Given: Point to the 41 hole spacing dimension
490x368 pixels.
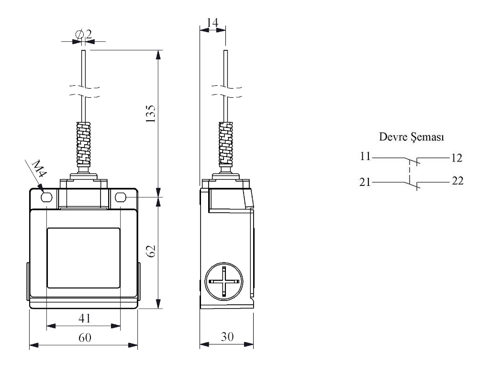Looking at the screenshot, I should pos(84,317).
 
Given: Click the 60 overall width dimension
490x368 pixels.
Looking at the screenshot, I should pos(84,337).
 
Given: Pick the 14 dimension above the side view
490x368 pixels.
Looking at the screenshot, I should pos(212,22).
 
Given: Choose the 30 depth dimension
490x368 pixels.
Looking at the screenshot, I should pos(227,337).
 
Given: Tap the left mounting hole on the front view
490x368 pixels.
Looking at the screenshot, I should pos(47,197).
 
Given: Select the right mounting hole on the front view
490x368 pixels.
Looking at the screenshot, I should pos(121,197).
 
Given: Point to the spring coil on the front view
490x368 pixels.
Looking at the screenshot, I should pos(84,142).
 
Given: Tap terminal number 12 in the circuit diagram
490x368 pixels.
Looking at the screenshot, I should pos(457,157).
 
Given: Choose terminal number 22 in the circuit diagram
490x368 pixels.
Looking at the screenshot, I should pos(457,182).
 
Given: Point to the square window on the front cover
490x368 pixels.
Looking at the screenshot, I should pos(83,258).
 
